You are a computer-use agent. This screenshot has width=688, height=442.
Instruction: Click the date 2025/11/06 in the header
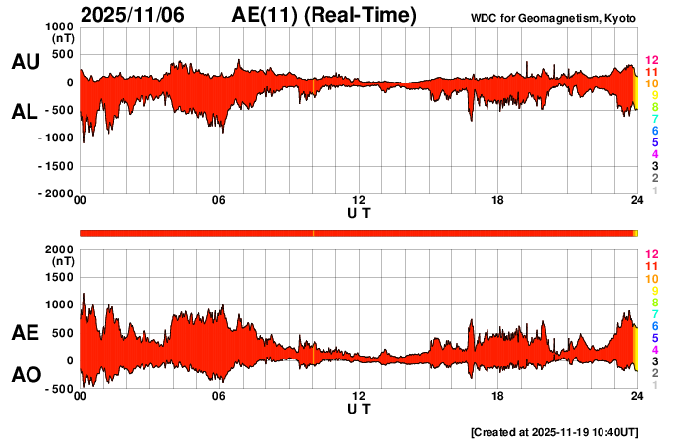click(132, 15)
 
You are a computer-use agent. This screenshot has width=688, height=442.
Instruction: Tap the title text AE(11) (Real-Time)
click(323, 15)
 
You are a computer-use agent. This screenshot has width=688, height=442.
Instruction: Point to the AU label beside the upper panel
click(25, 62)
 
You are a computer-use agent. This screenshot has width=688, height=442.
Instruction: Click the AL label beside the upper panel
click(25, 112)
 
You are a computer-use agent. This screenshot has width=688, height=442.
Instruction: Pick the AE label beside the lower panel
click(25, 334)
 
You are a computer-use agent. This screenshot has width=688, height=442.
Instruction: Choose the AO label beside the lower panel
click(25, 375)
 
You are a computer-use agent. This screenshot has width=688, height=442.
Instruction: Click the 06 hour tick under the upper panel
click(219, 201)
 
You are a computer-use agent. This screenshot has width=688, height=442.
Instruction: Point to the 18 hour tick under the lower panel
click(498, 396)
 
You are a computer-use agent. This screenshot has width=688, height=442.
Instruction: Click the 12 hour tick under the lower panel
click(359, 396)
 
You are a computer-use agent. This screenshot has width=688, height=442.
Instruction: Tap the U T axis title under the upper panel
click(359, 212)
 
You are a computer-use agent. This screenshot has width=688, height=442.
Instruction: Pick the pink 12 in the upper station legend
click(651, 61)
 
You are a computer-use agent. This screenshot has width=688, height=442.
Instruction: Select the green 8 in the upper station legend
click(654, 107)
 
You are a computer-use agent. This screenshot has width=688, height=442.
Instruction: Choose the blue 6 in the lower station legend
click(654, 325)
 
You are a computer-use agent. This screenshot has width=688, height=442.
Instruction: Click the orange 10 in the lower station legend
click(651, 279)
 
